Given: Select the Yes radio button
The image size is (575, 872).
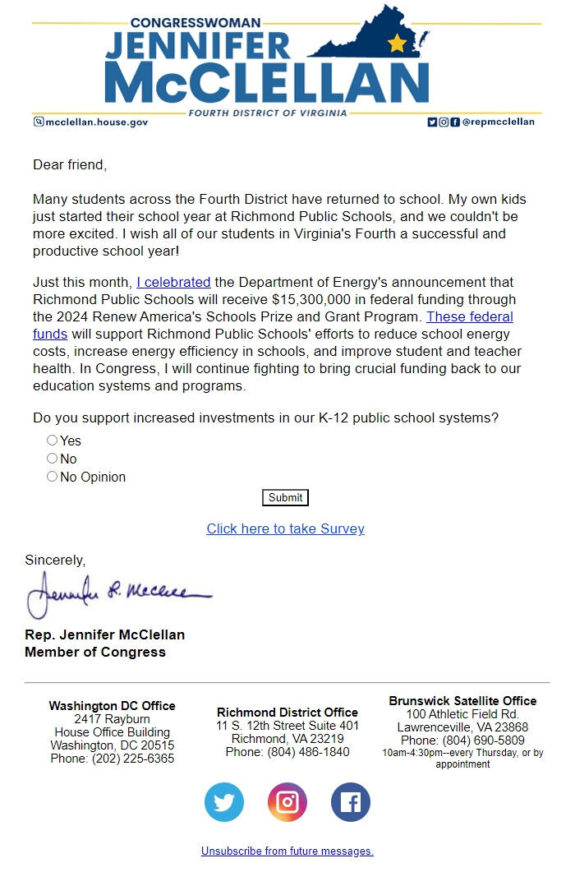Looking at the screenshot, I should click(53, 441).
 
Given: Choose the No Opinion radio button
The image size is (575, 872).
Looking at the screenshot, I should click(53, 477).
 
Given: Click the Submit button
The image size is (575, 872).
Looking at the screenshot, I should click(285, 497).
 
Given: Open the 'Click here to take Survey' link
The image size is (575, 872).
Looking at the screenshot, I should click(285, 528).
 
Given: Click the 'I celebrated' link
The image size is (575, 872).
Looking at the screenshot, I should click(173, 282).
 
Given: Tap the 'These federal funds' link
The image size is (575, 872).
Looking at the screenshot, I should click(469, 316).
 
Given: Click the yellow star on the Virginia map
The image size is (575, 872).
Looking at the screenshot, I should click(397, 44).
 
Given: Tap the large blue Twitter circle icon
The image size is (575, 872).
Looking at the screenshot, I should click(224, 802).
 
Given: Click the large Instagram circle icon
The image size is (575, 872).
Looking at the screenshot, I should click(287, 802).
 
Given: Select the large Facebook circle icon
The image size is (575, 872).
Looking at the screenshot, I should click(351, 802).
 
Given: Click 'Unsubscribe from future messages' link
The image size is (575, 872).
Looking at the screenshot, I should click(287, 851).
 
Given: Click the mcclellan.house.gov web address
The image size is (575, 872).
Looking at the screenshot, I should click(96, 122).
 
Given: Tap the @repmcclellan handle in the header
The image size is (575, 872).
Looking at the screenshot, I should click(498, 122).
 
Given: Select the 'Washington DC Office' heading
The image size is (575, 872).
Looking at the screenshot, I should click(112, 705).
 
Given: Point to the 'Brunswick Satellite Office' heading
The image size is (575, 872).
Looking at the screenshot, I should click(462, 700).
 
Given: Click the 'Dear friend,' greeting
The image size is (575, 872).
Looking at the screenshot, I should click(70, 164).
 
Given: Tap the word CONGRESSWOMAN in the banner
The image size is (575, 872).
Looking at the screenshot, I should click(195, 23).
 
